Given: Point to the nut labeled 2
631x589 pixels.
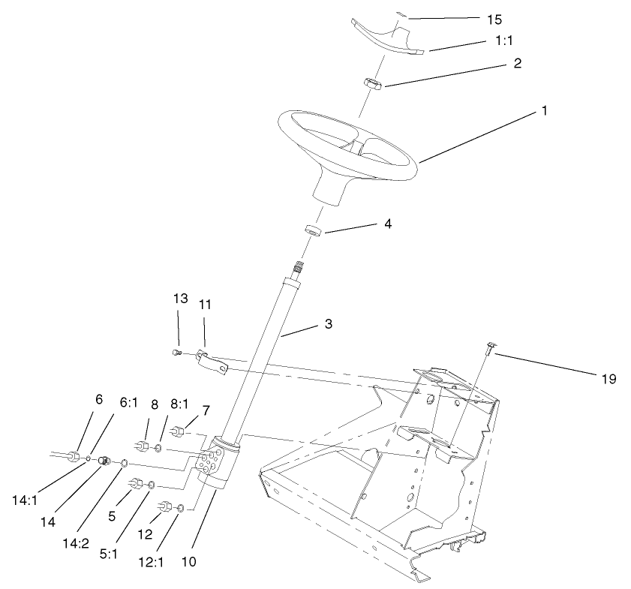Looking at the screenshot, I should pyautogui.click(x=372, y=83).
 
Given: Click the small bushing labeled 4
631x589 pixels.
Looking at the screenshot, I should pyautogui.click(x=314, y=229).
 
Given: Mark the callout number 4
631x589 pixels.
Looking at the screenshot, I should pyautogui.click(x=386, y=223).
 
